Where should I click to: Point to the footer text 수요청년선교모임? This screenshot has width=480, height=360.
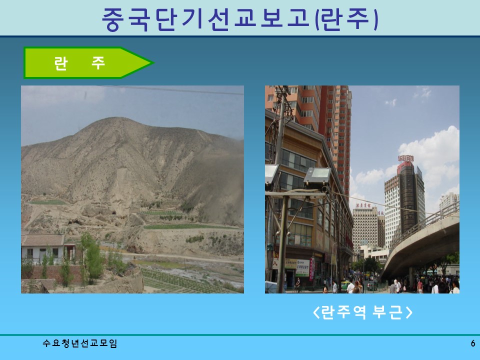pyautogui.click(x=80, y=343)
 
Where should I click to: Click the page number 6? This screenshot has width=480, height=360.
pyautogui.click(x=472, y=343)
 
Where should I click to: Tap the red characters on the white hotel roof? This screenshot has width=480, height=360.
pyautogui.click(x=366, y=205)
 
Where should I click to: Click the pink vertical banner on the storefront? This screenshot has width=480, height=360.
pyautogui.click(x=311, y=269)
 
